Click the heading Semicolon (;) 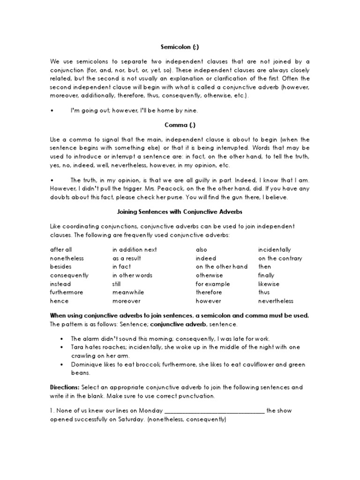click(180, 47)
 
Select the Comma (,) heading click(180, 126)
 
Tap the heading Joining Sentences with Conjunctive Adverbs click(180, 212)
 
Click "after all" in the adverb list click(61, 250)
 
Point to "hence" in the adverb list click(59, 301)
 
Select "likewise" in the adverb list click(269, 284)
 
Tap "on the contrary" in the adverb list click(280, 258)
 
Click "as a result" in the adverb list click(127, 258)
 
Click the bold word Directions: click(65, 388)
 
